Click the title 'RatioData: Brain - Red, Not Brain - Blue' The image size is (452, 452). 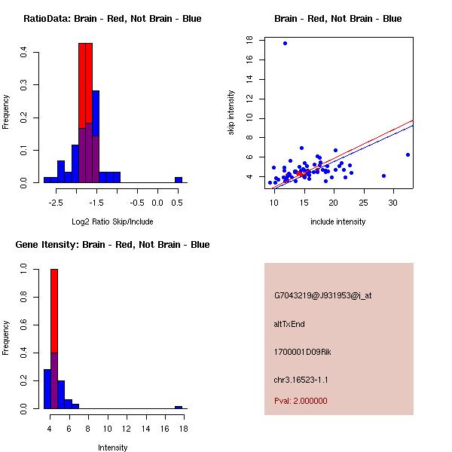[x=112, y=19]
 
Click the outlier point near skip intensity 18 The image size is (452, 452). [x=285, y=43]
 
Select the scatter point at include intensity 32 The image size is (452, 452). [x=408, y=154]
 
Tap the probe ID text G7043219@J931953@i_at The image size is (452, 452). [x=322, y=295]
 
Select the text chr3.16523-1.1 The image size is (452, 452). [x=301, y=379]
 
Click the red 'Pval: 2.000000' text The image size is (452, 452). [x=301, y=401]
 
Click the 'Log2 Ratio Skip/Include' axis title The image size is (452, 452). [x=112, y=221]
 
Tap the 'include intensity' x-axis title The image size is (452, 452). [x=337, y=221]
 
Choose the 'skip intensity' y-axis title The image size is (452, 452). [x=231, y=113]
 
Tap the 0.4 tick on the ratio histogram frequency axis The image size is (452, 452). [x=24, y=53]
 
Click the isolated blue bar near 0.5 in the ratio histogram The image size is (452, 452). [x=179, y=180]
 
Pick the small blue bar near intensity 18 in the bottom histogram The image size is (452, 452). [x=179, y=407]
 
